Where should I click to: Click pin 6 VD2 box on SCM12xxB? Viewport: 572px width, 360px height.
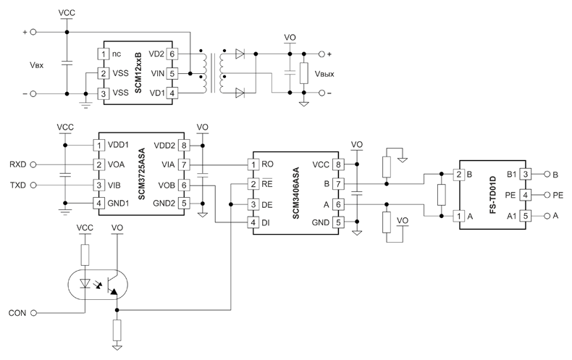tap(172, 54)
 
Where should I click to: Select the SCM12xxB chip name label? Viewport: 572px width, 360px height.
tap(138, 72)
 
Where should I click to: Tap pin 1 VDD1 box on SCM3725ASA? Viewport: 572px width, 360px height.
tap(98, 146)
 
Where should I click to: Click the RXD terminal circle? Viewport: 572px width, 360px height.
tap(33, 164)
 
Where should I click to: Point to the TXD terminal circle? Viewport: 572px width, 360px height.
tap(33, 185)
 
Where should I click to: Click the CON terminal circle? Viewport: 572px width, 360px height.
tap(33, 313)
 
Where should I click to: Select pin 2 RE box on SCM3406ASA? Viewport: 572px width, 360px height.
tap(253, 184)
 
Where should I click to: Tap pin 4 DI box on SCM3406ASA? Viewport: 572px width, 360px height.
tap(253, 222)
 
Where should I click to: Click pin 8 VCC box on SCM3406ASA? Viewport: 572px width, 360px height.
tap(338, 164)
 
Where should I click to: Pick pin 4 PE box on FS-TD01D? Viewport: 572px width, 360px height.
tap(526, 195)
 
